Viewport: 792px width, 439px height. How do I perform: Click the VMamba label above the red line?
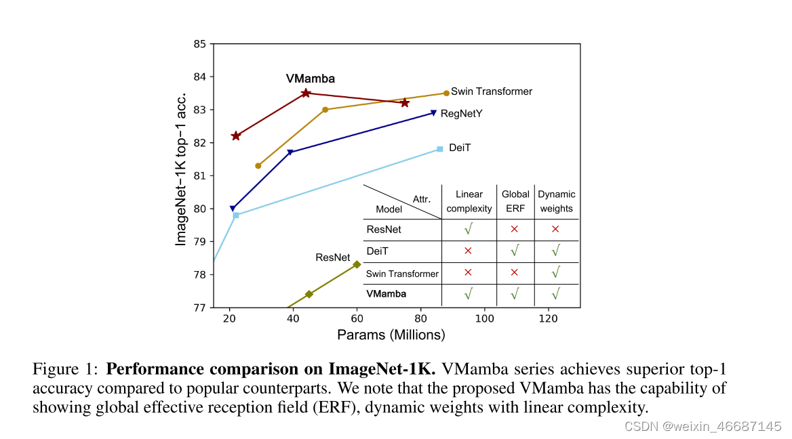310,79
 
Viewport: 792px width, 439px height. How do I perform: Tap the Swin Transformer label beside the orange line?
492,91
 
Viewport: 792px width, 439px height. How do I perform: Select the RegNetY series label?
461,114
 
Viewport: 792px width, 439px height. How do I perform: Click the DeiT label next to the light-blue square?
460,147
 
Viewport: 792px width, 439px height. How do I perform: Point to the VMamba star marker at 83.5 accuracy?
306,93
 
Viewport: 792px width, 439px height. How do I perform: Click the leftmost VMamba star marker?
236,136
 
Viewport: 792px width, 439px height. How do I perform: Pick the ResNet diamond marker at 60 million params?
357,264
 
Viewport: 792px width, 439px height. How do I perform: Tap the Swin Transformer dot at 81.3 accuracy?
258,165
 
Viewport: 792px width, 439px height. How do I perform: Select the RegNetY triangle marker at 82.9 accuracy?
433,113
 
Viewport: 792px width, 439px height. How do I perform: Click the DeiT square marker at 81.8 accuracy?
439,149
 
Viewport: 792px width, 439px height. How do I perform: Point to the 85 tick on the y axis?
199,44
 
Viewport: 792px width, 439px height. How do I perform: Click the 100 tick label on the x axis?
484,319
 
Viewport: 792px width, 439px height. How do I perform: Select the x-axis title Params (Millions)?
391,335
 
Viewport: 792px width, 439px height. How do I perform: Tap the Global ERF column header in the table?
515,201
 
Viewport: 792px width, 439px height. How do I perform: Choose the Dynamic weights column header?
556,201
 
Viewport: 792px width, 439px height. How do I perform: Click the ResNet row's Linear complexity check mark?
468,230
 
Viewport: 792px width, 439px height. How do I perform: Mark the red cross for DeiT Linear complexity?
468,251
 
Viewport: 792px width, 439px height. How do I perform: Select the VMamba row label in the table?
386,294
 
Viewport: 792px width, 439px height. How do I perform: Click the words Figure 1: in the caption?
65,370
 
